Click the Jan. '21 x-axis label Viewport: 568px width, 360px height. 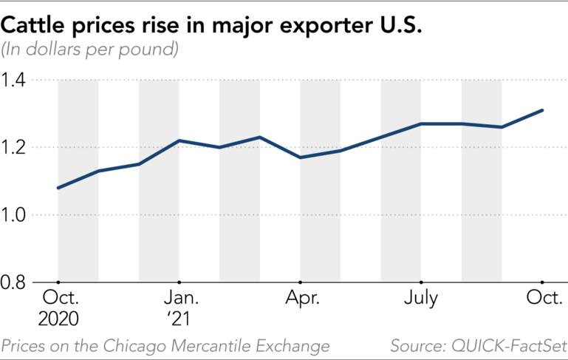[179, 308]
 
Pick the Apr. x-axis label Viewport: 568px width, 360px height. [300, 299]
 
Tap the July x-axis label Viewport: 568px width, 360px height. [420, 299]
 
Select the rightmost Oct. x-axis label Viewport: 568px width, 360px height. [542, 299]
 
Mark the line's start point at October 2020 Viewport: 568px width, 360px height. [58, 188]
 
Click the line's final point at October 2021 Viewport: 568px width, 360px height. [542, 110]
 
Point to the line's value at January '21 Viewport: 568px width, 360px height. [179, 140]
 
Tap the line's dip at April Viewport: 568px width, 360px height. [300, 157]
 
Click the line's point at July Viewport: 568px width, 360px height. [420, 123]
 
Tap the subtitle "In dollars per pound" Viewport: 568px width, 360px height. [91, 51]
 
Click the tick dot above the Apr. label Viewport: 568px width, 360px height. [300, 282]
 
